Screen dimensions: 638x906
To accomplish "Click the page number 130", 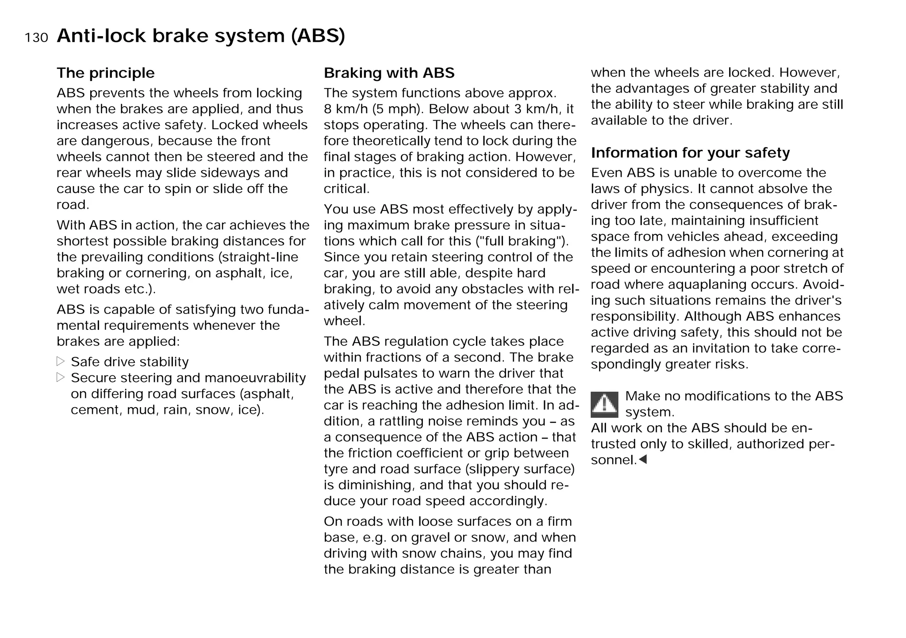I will click(36, 38).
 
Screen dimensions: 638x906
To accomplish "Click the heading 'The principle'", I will click(105, 73).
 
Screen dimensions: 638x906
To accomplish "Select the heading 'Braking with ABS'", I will click(389, 73).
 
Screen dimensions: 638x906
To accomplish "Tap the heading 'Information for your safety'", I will click(690, 153).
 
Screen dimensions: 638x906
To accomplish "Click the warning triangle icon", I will click(604, 404).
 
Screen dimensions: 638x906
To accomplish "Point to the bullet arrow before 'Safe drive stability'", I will click(61, 361).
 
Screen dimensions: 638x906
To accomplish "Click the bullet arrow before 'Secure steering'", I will click(61, 377).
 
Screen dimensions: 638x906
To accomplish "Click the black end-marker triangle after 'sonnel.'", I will click(643, 459).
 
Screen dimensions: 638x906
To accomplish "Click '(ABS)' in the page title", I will click(318, 35).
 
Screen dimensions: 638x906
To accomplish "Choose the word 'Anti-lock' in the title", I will click(101, 35).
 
